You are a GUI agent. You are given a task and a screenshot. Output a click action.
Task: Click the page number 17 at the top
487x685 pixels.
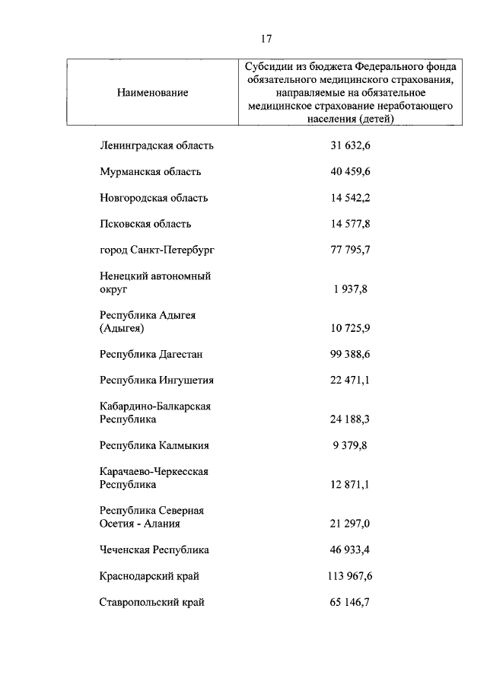click(266, 39)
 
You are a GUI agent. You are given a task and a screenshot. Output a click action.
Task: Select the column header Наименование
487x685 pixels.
click(152, 92)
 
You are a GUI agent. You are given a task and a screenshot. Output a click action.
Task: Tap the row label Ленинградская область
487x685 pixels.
click(157, 145)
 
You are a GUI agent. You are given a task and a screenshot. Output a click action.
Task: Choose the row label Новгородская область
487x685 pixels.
click(154, 198)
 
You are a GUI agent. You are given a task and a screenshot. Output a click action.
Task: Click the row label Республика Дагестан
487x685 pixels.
click(151, 354)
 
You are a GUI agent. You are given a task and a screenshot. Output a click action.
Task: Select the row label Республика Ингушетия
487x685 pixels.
click(157, 381)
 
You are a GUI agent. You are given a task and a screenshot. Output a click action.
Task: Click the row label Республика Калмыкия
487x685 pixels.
click(154, 445)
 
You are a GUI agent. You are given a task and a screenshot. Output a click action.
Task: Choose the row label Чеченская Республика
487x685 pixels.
click(154, 550)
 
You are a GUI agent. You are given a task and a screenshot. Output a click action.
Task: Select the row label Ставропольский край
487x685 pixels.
click(152, 602)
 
